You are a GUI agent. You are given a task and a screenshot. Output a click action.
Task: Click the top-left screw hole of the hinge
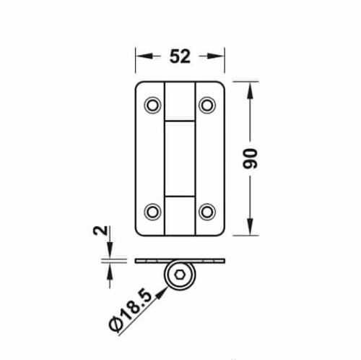(152, 106)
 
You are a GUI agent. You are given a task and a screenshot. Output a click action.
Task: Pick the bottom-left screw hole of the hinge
(152, 211)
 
